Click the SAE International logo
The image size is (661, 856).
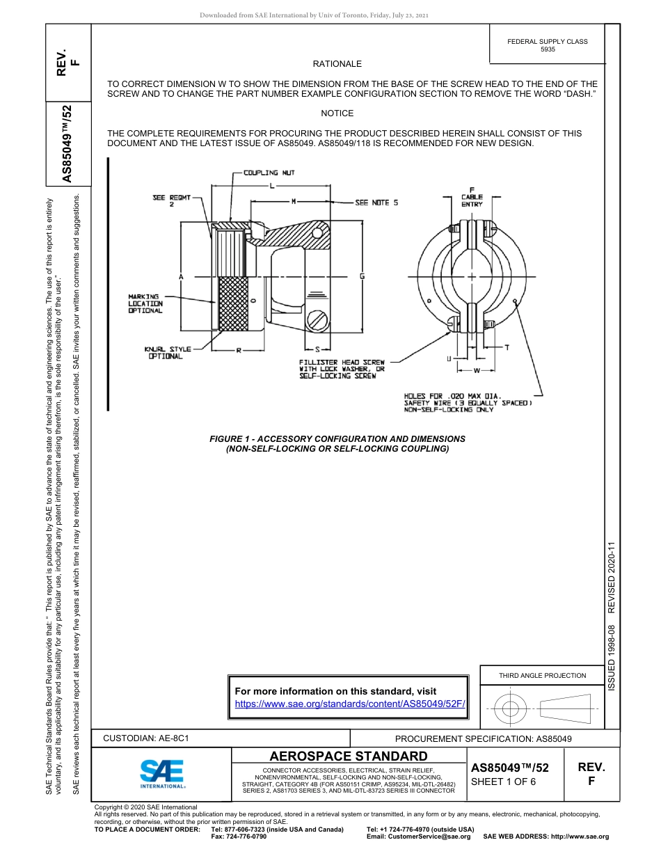(162, 773)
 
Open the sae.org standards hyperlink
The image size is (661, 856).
(349, 704)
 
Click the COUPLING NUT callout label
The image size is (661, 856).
(260, 173)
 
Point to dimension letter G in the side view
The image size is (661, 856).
(362, 276)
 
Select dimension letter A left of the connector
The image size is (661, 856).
(181, 277)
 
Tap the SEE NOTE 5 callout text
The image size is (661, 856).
(376, 203)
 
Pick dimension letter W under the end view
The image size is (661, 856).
(477, 370)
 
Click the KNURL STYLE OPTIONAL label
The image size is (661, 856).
(167, 353)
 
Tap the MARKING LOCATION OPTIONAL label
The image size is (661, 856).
(145, 303)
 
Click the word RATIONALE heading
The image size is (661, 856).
(337, 64)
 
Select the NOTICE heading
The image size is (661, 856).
(337, 113)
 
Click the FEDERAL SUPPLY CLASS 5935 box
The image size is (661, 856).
(547, 45)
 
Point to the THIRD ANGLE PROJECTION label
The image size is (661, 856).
(542, 675)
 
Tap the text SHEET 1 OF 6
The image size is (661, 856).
(503, 781)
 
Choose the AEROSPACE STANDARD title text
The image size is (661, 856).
(349, 756)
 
